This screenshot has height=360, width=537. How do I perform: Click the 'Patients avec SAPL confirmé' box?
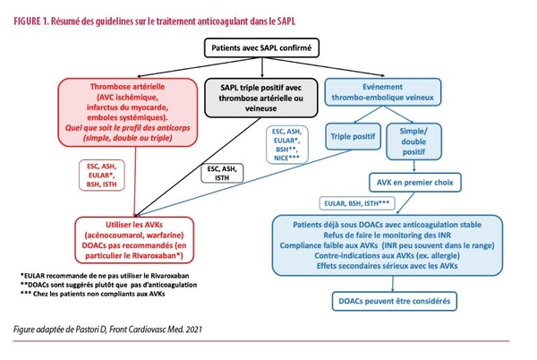[261, 47]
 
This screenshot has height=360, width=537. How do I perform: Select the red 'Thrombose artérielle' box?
[127, 112]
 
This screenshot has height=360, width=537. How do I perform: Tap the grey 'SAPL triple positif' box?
[261, 98]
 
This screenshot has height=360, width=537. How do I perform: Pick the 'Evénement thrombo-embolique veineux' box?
[382, 92]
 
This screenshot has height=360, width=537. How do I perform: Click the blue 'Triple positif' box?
[353, 137]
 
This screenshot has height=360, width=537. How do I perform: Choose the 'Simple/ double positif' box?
[413, 141]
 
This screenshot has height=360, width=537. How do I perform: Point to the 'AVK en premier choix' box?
[414, 183]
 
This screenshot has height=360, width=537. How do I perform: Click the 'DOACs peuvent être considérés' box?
[394, 302]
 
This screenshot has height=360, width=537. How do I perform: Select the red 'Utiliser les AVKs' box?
[134, 240]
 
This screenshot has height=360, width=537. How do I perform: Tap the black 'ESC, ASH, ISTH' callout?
[222, 174]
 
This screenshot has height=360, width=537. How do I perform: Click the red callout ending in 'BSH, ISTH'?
[102, 175]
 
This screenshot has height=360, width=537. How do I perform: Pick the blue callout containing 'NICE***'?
[287, 144]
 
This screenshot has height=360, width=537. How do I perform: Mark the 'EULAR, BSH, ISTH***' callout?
[357, 203]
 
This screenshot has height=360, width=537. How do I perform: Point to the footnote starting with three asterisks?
[93, 294]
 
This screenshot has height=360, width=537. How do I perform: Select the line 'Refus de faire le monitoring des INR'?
[387, 236]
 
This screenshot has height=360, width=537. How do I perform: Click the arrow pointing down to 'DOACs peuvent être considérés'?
[393, 284]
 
